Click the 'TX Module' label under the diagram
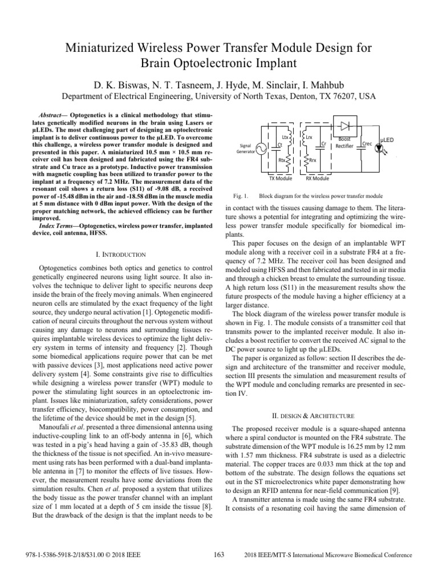(x=280, y=178)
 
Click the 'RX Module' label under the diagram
(x=317, y=178)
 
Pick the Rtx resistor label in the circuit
(x=282, y=161)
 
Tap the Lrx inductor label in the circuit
(x=309, y=137)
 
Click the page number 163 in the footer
(x=219, y=555)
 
